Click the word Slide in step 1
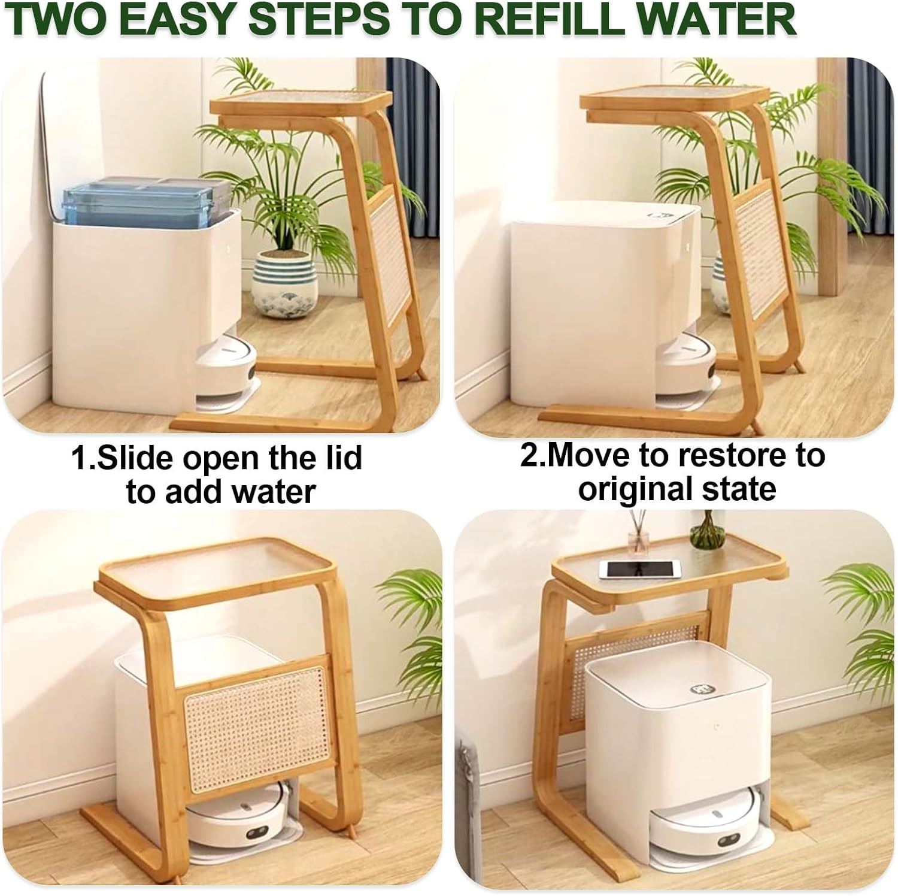pos(135,458)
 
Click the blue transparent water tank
pos(141,201)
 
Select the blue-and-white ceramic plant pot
pos(284,279)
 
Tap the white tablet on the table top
pos(640,569)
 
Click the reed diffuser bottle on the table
pos(638,536)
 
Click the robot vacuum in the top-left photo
pos(227,365)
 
